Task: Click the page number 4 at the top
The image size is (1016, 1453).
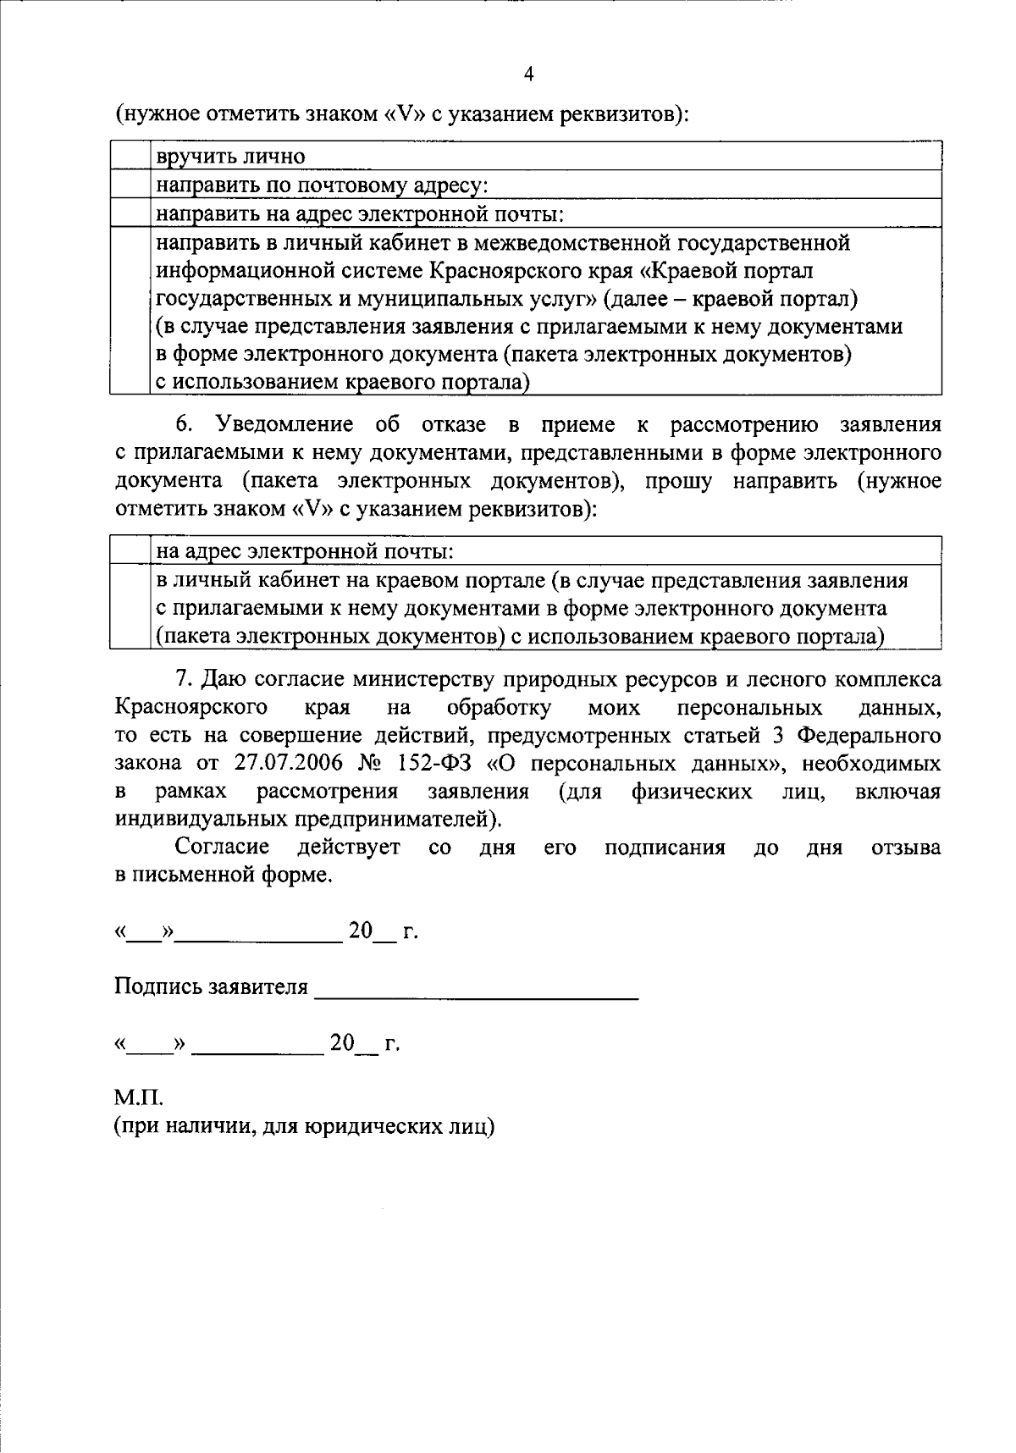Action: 528,75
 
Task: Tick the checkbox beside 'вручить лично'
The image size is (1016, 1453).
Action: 130,157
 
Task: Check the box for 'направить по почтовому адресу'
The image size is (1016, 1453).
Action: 130,185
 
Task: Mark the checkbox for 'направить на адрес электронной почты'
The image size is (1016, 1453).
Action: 130,213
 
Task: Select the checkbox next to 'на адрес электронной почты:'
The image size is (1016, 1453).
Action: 130,552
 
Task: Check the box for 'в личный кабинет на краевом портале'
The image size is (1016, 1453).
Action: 130,608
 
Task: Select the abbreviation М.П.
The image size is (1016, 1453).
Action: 138,1099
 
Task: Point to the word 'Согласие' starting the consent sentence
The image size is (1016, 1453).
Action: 222,847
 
